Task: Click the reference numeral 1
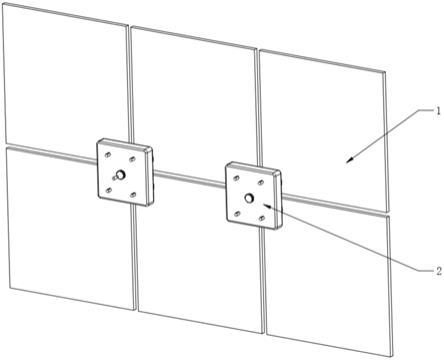coord(438,111)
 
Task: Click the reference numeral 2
coord(439,271)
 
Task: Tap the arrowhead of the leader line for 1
coord(350,160)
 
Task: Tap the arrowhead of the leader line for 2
coord(267,205)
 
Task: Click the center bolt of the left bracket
coord(119,174)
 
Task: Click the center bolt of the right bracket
coord(249,198)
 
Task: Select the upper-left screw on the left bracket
coord(107,155)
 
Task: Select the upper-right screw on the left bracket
coord(132,159)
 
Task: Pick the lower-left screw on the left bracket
coord(108,190)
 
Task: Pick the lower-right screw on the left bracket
coord(133,195)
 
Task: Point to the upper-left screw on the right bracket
coord(236,178)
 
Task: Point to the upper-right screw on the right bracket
coord(261,183)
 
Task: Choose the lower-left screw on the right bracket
coord(237,214)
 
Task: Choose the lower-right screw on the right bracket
coord(262,218)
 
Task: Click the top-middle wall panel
coord(194,103)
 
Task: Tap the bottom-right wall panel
coord(328,283)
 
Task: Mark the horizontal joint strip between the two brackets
coord(189,178)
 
